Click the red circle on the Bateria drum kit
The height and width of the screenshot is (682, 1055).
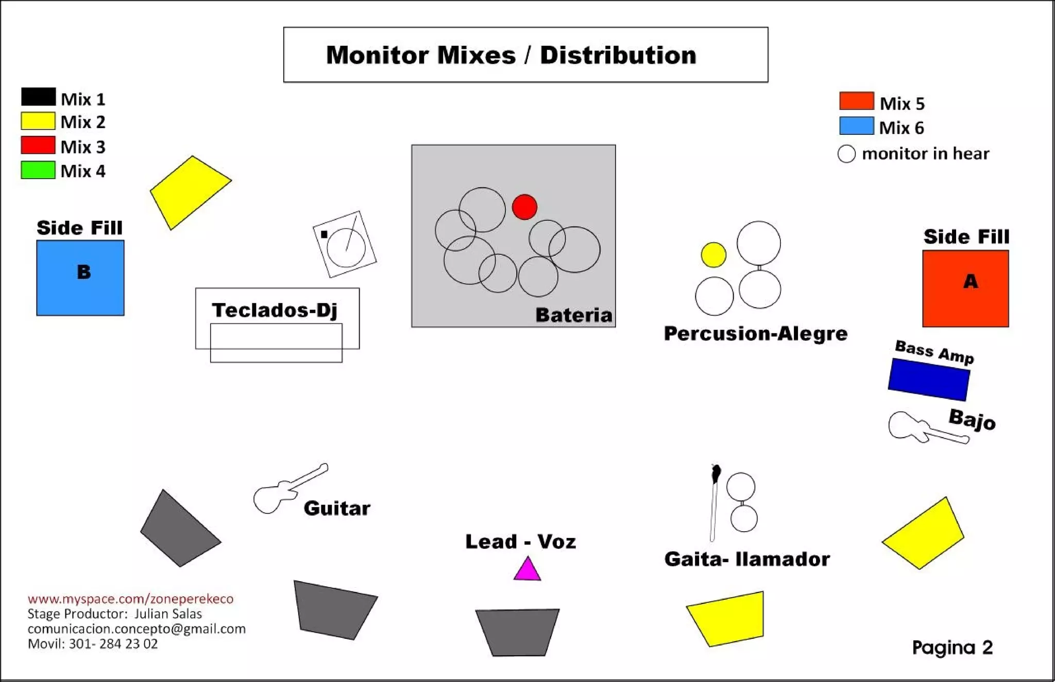524,207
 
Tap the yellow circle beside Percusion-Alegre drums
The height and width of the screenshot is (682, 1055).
713,255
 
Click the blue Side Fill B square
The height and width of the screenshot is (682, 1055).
80,278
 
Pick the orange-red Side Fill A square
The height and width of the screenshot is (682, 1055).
965,289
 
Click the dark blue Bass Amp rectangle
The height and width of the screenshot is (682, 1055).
929,379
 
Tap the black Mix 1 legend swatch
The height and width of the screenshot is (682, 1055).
38,97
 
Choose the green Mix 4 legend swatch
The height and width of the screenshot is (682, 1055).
38,170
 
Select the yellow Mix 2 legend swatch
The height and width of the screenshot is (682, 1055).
38,121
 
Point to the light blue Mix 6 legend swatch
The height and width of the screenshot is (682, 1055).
856,126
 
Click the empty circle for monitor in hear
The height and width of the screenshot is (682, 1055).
846,154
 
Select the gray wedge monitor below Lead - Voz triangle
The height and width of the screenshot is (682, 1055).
517,632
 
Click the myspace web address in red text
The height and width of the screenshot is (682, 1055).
130,599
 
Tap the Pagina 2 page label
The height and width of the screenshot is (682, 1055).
952,648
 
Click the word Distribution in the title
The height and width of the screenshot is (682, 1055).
618,55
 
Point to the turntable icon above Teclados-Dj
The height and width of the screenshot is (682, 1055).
345,244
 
